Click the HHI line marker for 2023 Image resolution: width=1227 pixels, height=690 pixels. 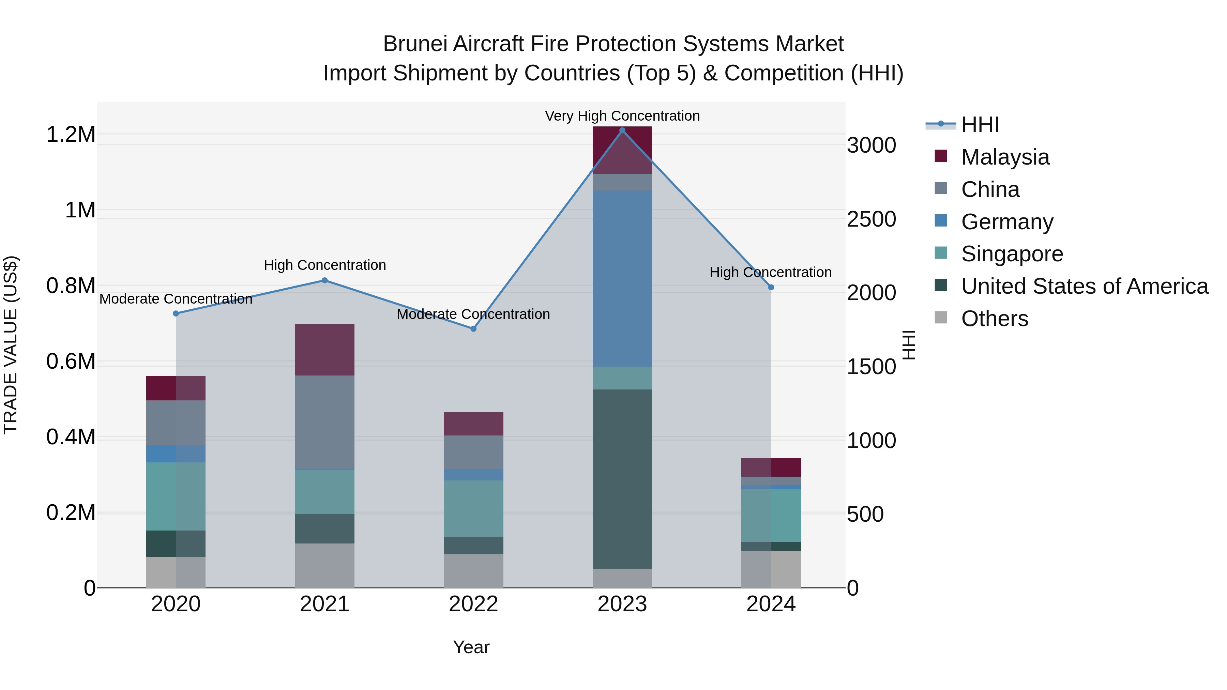(622, 131)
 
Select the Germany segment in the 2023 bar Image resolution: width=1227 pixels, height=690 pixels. (622, 279)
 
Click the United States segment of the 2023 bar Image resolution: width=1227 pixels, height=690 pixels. (622, 479)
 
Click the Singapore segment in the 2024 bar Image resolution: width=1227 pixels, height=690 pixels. (771, 515)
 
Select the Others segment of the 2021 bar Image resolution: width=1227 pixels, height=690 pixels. (324, 565)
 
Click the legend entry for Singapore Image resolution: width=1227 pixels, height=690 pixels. (1012, 254)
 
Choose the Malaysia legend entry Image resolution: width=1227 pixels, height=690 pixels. (1005, 157)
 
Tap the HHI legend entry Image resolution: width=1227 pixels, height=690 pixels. (980, 125)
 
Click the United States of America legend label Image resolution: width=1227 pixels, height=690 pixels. (1085, 286)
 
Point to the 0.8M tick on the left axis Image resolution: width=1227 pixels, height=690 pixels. (71, 286)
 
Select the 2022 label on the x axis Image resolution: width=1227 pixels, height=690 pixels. (473, 604)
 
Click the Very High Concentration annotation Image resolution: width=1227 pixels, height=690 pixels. (622, 116)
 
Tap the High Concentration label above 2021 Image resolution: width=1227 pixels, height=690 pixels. (325, 265)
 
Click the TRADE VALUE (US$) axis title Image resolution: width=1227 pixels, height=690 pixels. (11, 345)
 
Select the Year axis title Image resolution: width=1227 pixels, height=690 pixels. (471, 647)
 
